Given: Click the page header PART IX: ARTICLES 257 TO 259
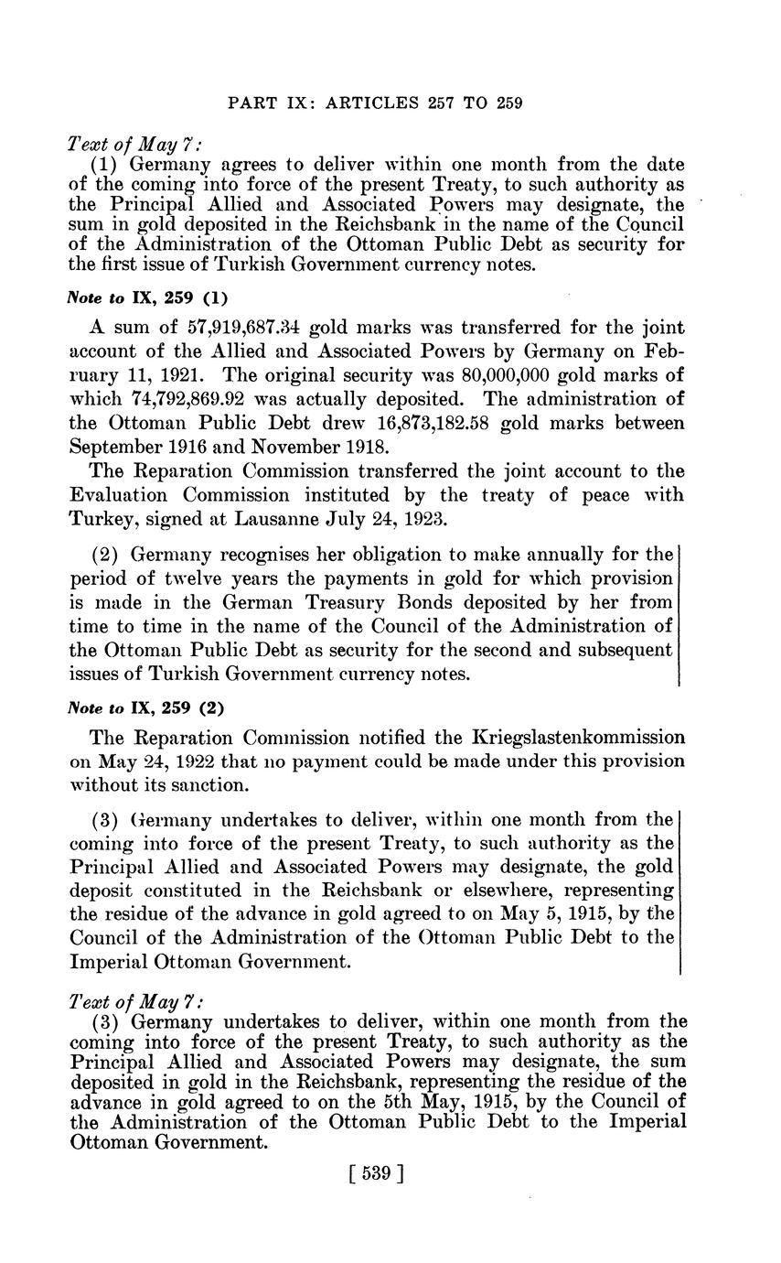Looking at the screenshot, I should (x=374, y=103).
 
